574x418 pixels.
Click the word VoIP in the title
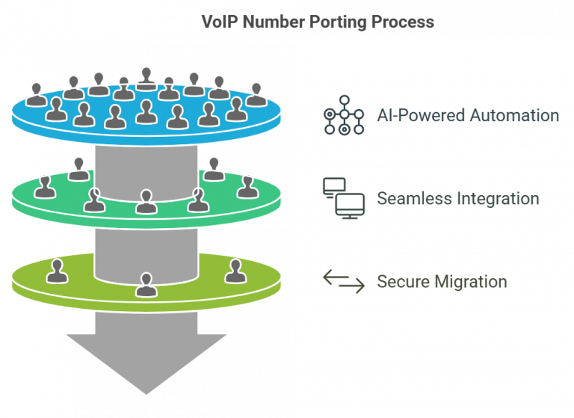[x=219, y=22]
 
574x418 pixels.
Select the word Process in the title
[x=403, y=22]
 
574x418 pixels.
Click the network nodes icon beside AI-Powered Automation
[x=343, y=115]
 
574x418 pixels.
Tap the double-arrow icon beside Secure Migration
[x=343, y=281]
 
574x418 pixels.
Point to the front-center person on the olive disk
[x=146, y=285]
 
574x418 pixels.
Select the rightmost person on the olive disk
[x=235, y=270]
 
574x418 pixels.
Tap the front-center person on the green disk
[x=146, y=201]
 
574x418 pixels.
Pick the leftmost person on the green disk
[x=46, y=186]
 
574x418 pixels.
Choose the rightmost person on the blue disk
[x=256, y=94]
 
